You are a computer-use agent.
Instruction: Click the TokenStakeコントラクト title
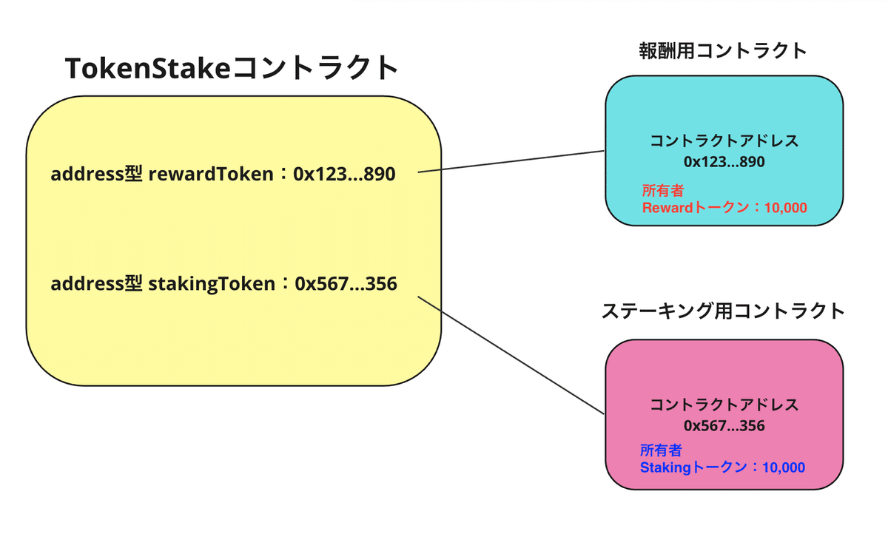coord(232,68)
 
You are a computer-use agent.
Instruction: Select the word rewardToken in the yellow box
coord(211,174)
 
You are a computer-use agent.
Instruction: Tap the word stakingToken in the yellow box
coord(212,284)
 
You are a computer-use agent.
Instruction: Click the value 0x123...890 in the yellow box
coord(344,174)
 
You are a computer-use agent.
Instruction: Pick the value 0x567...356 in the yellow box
coord(346,283)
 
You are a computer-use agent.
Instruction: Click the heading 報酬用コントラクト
coord(724,51)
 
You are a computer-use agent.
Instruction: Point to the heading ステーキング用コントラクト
coord(724,311)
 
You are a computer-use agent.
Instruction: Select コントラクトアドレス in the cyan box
coord(724,141)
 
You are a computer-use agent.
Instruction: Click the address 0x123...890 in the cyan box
coord(724,162)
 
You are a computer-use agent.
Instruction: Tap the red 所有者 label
coord(663,191)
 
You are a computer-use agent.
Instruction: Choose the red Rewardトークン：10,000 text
coord(724,208)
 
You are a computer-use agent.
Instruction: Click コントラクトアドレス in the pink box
coord(724,405)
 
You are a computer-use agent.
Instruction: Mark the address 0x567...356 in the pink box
coord(724,425)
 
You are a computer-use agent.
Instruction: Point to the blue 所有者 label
coord(661,450)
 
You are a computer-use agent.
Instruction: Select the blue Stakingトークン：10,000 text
coord(723,467)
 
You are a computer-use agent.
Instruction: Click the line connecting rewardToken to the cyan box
coord(511,162)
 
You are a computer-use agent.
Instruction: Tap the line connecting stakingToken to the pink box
coord(511,355)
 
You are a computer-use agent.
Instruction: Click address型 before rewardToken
coord(96,174)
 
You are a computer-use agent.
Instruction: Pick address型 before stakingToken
coord(96,283)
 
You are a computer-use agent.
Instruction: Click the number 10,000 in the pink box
coord(784,467)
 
